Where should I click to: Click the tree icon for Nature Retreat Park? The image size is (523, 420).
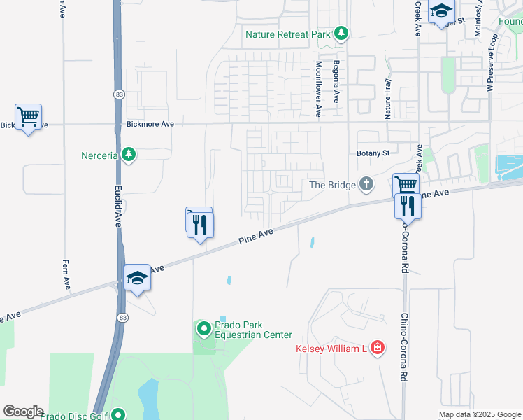[341, 33]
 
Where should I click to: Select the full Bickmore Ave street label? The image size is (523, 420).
[150, 123]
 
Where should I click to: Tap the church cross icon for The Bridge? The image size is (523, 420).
[366, 184]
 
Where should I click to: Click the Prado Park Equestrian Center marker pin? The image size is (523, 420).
[203, 328]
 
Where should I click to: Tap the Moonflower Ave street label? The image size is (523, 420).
[318, 87]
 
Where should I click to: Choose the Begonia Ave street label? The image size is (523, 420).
[336, 80]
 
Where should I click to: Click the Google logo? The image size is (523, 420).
[23, 411]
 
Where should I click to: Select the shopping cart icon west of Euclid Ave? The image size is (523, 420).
[28, 117]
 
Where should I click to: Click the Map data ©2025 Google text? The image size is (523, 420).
[480, 414]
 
